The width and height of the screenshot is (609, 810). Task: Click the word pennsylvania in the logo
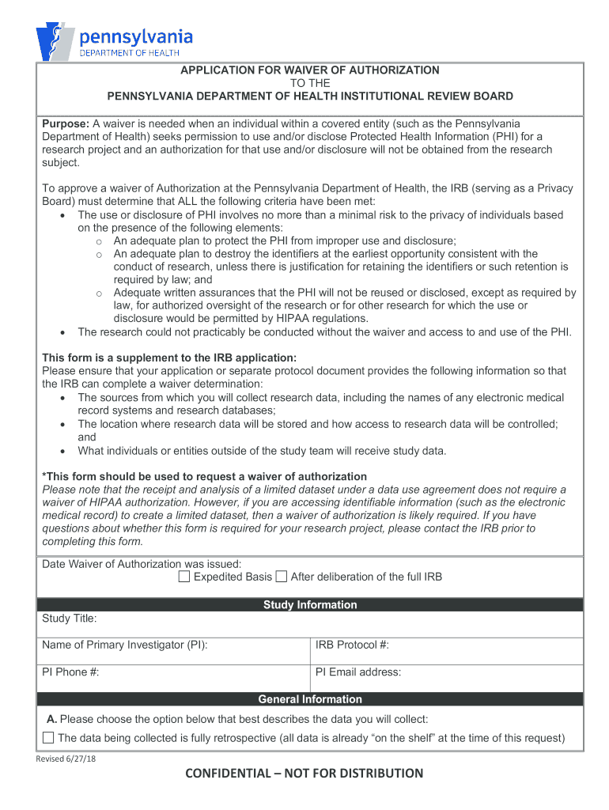click(135, 36)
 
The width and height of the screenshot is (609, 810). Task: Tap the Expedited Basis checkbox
click(183, 577)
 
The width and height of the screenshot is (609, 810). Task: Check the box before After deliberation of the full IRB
click(282, 577)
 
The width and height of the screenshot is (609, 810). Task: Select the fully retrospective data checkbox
click(48, 738)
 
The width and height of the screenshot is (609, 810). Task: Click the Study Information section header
click(310, 604)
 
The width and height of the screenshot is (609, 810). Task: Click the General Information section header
click(310, 699)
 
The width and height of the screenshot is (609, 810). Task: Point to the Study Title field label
click(70, 619)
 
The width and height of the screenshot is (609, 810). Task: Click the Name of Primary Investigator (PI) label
click(125, 645)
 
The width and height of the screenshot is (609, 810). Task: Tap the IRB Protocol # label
click(352, 645)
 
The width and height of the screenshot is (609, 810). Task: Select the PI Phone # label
click(70, 672)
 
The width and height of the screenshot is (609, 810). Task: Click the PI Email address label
click(358, 672)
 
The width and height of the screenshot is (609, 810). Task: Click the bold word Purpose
click(66, 123)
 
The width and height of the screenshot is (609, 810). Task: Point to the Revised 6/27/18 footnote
click(66, 759)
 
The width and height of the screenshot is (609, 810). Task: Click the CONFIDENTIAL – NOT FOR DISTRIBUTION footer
click(304, 774)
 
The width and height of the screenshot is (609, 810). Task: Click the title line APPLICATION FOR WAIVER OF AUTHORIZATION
click(310, 70)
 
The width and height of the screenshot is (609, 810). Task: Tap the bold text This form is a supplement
click(169, 358)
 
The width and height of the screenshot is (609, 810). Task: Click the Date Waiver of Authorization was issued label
click(142, 564)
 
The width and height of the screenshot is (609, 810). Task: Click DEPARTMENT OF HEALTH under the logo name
click(130, 53)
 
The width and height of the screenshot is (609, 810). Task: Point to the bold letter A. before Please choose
click(51, 719)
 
